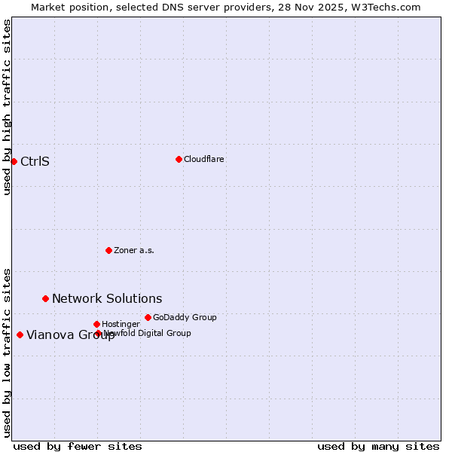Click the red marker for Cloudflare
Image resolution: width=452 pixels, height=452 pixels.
(179, 159)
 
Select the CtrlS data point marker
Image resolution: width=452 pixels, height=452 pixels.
(14, 161)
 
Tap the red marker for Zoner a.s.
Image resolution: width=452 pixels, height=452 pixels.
(108, 250)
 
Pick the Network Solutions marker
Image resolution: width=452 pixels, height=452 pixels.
(45, 298)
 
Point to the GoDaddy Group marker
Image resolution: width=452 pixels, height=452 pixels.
(148, 317)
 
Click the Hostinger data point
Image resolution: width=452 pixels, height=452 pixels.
(96, 324)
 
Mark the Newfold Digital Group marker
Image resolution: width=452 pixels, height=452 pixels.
(98, 333)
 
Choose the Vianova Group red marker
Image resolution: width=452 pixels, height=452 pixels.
(20, 334)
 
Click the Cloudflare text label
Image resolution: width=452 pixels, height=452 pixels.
(204, 159)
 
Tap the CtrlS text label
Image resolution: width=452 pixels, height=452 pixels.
(35, 161)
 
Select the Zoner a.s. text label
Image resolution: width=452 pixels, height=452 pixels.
(134, 250)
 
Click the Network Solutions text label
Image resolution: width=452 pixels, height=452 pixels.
(107, 299)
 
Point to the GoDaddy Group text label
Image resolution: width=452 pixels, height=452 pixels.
(185, 317)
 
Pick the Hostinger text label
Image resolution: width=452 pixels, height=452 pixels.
(121, 324)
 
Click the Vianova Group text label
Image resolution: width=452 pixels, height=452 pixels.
(70, 335)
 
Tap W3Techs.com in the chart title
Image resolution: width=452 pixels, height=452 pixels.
(389, 7)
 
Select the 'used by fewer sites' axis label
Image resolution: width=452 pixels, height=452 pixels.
(78, 446)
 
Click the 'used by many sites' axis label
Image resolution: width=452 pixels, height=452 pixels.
(378, 446)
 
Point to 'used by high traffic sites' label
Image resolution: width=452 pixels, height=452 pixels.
(7, 107)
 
